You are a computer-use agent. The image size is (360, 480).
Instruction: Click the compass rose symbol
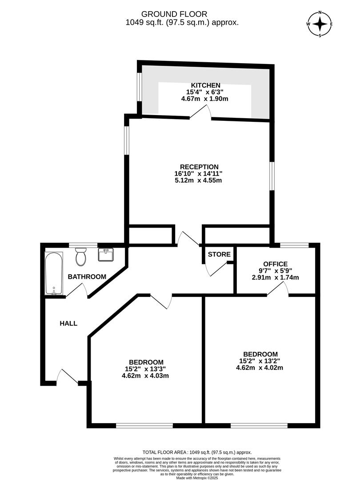point(320,24)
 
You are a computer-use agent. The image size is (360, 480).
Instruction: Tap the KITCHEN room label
point(205,85)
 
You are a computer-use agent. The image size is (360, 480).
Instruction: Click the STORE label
point(220,255)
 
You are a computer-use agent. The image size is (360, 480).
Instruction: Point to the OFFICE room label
point(276,264)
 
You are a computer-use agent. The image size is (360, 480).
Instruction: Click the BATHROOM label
point(87,277)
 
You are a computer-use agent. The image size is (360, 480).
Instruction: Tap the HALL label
point(68,324)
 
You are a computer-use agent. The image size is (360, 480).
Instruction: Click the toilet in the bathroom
point(80,256)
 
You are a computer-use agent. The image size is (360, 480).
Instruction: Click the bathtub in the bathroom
point(54,273)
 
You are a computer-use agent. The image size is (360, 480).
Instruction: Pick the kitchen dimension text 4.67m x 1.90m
point(205,99)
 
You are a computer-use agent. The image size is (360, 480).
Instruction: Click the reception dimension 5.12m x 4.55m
point(198,180)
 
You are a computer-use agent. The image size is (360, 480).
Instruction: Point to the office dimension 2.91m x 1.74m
point(276,277)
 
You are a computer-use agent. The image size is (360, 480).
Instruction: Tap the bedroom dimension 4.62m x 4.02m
point(260,368)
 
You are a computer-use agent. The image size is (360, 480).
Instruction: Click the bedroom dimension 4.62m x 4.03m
point(146,376)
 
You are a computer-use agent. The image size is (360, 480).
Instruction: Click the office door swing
point(278,289)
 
